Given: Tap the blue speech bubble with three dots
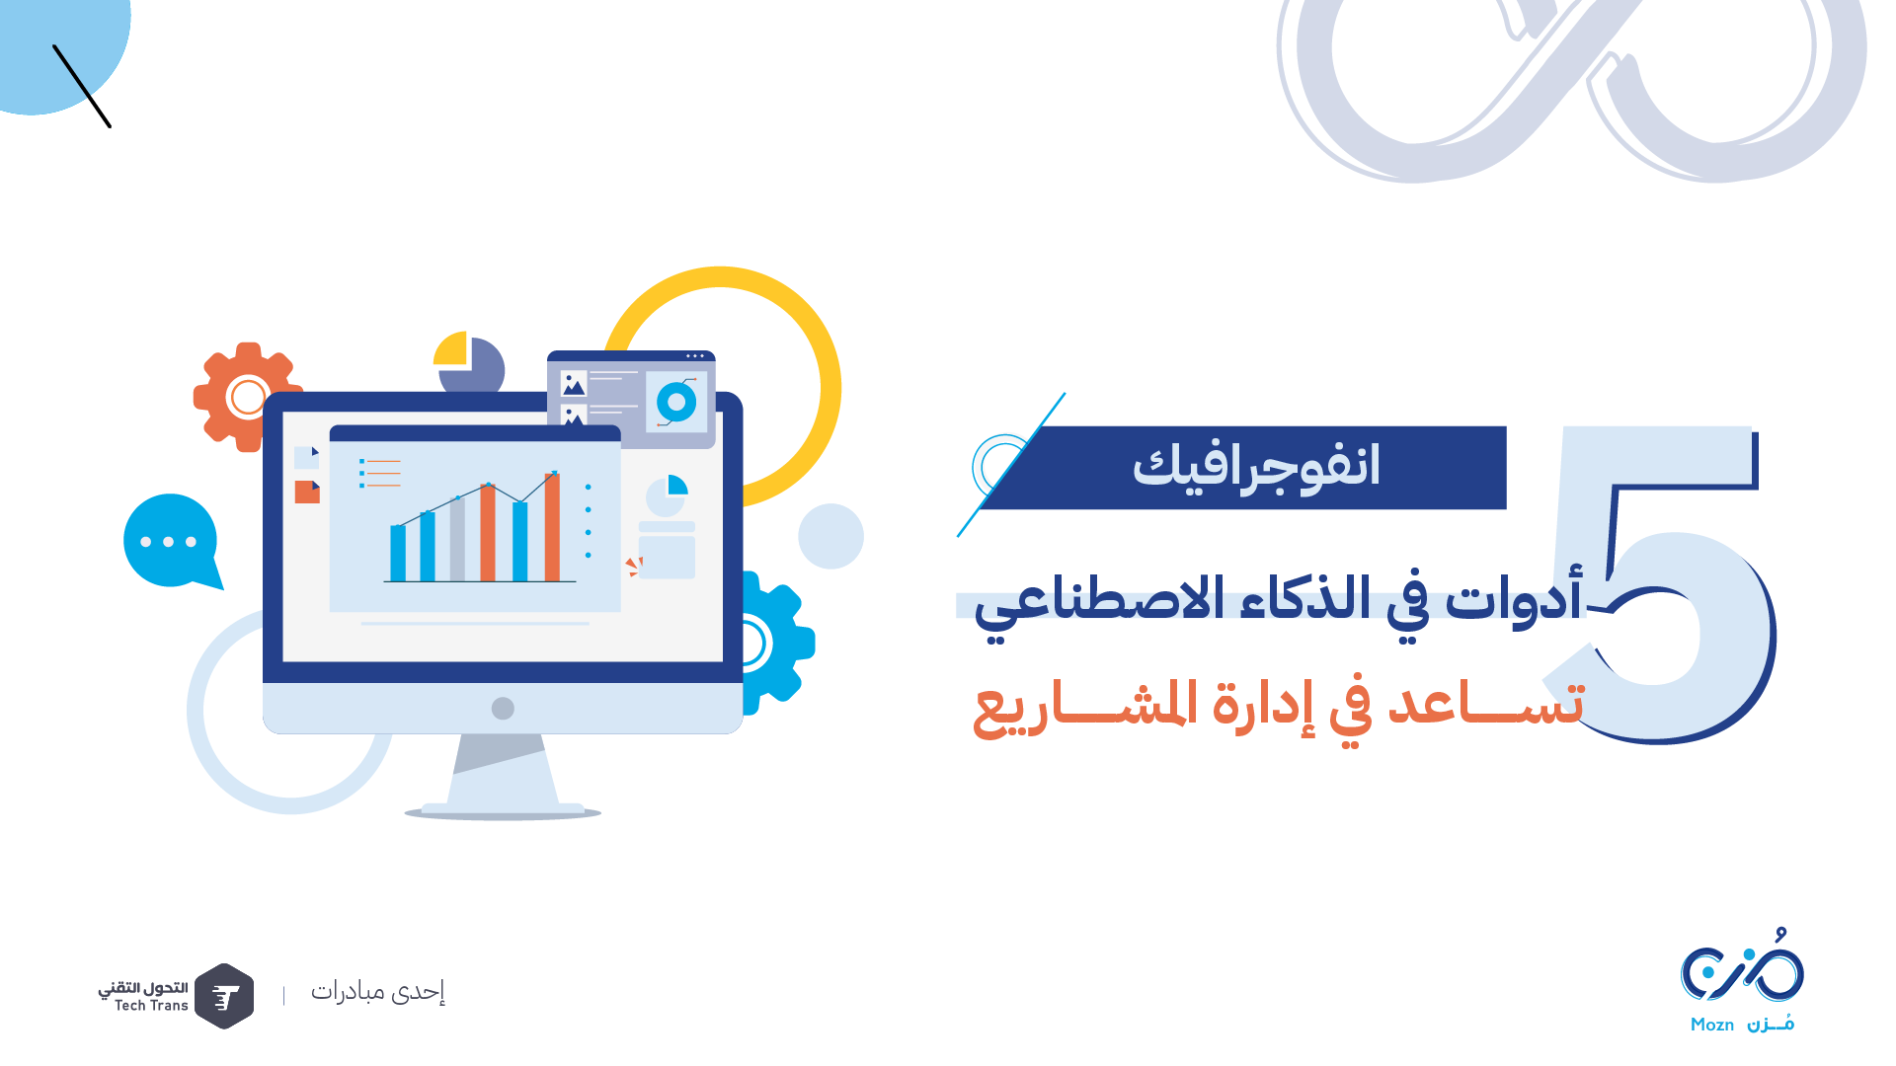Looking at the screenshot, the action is (x=171, y=542).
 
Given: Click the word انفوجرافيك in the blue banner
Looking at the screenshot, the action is (x=1255, y=467).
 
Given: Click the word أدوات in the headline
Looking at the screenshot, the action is (x=1514, y=599).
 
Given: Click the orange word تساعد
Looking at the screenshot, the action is (x=1485, y=703).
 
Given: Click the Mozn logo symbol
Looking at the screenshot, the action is (x=1743, y=967).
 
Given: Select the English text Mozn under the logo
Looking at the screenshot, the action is (x=1712, y=1025).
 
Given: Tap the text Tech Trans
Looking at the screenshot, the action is (x=151, y=1006).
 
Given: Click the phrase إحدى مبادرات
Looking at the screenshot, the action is (x=378, y=992).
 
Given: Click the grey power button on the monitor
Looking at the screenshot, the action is (x=503, y=708).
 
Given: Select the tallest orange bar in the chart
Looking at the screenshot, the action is (x=552, y=527).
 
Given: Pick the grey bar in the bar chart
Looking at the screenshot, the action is (x=457, y=540).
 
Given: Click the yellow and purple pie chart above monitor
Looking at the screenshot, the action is (x=469, y=362).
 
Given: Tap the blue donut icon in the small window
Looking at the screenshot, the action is (x=676, y=403).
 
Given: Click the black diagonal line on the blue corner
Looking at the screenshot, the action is (x=82, y=86).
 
